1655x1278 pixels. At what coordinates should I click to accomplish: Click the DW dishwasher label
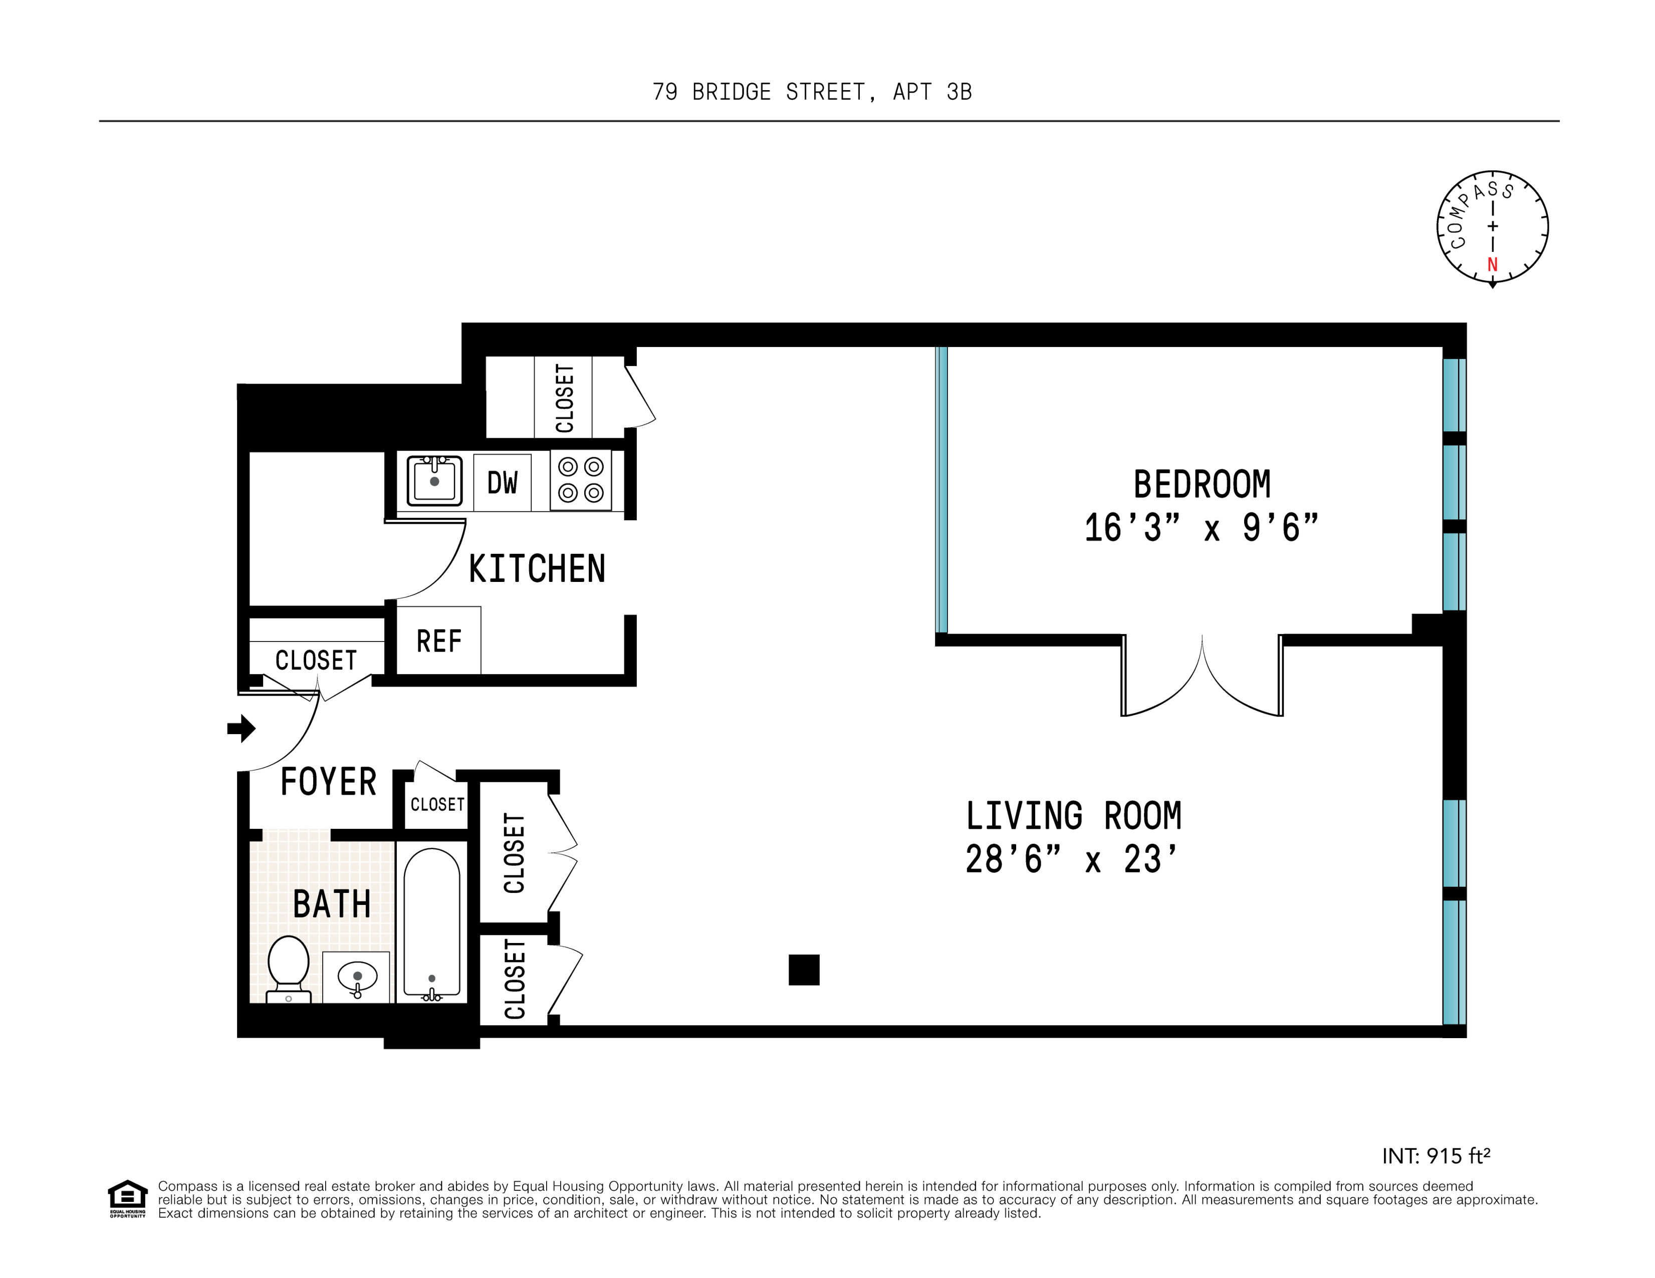(502, 483)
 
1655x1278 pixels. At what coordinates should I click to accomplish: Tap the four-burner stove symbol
(580, 480)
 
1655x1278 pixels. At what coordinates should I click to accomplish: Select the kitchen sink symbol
(434, 480)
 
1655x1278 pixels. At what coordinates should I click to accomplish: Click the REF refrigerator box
(439, 641)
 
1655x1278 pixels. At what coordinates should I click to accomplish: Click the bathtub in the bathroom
(431, 923)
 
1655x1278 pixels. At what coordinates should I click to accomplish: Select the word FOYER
(328, 782)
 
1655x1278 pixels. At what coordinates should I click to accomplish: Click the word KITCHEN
(537, 569)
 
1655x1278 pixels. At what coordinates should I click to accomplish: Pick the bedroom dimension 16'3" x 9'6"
(1201, 528)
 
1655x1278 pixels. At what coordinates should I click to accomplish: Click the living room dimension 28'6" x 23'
(1071, 860)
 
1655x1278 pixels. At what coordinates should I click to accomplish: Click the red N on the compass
(1492, 264)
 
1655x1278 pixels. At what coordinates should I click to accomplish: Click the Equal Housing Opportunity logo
(127, 1198)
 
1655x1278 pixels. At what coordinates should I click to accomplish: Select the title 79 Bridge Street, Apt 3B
(812, 92)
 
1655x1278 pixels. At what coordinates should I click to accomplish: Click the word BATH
(331, 904)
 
